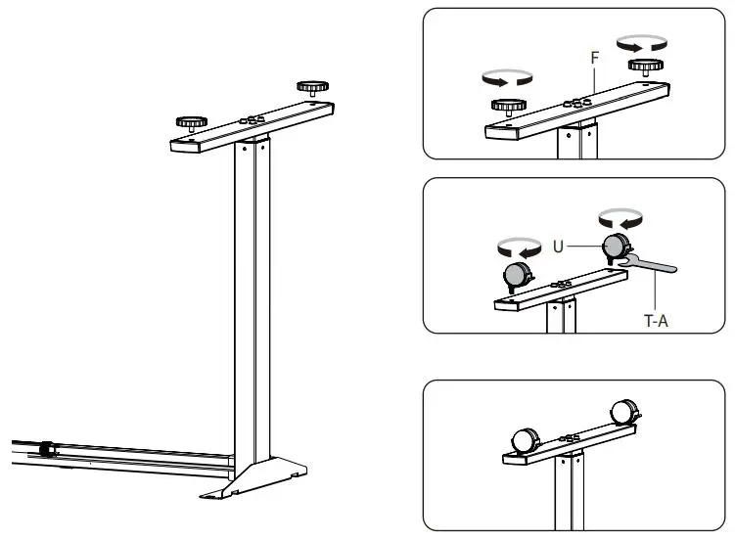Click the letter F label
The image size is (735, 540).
coord(594,59)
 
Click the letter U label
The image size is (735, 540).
coord(559,247)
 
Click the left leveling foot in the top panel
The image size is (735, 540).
coord(506,108)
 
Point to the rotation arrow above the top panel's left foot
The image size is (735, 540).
coord(506,77)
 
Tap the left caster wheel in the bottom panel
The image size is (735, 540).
coord(526,439)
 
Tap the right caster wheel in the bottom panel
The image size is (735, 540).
coord(622,412)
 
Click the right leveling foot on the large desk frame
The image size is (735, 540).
coord(312,89)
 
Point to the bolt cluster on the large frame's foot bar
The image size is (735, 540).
coord(253,118)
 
